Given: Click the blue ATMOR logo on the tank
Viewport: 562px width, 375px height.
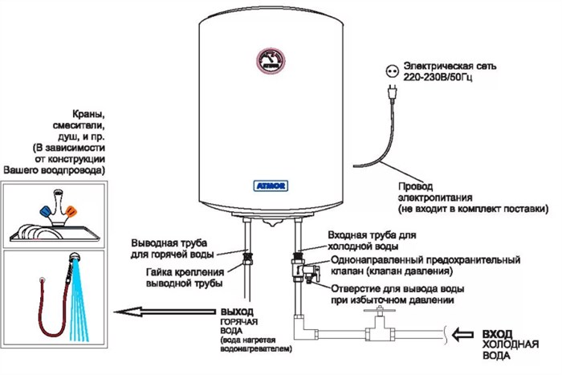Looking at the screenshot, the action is (x=271, y=185).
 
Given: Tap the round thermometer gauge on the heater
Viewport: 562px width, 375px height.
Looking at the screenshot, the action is (x=271, y=60).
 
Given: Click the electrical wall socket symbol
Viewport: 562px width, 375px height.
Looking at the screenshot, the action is (x=392, y=71).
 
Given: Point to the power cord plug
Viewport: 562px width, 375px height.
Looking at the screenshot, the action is (x=393, y=92).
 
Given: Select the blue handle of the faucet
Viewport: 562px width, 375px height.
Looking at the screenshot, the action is (x=45, y=211).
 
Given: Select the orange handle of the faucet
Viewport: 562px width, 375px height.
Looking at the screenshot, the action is (x=71, y=211).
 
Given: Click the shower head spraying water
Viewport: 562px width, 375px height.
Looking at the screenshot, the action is (x=75, y=258).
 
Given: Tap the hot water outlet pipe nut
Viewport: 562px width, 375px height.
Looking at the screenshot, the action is (x=247, y=258).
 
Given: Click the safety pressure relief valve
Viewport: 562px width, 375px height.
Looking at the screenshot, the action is (x=304, y=269).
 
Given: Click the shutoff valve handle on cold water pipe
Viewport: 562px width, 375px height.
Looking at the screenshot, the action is (x=379, y=311).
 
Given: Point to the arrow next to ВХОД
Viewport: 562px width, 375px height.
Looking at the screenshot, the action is (x=462, y=335).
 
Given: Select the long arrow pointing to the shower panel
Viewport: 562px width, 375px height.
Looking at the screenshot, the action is (x=165, y=312).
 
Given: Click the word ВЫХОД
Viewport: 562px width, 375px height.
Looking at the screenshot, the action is (x=237, y=312).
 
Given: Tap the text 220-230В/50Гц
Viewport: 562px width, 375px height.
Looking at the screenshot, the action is (x=438, y=77).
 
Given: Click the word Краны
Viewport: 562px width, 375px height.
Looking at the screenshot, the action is (x=88, y=114).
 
